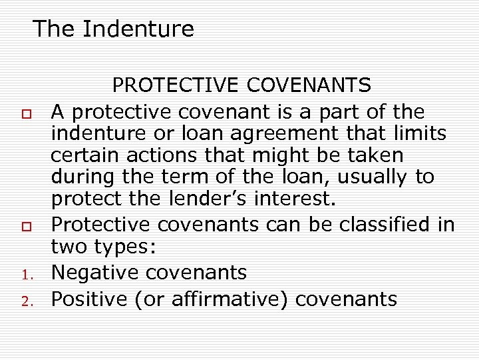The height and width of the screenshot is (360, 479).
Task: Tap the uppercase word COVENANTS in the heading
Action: click(309, 86)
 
